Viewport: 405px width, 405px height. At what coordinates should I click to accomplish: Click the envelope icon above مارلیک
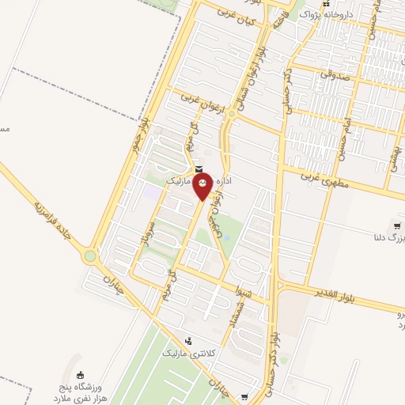(x=197, y=169)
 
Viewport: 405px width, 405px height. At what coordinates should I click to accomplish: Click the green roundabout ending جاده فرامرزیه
(x=91, y=255)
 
